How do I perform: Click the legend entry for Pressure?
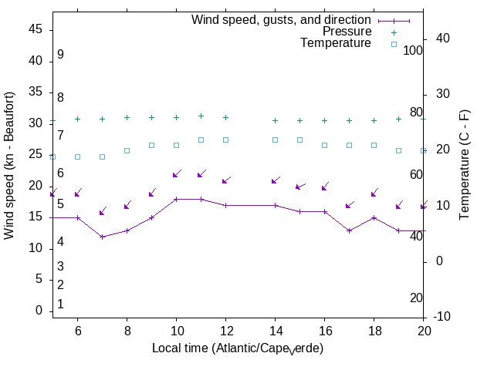[x=347, y=32]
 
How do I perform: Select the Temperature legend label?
[x=336, y=43]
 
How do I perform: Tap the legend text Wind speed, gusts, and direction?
[x=282, y=20]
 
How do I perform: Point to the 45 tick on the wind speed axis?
[x=36, y=29]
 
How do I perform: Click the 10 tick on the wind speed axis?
[x=36, y=248]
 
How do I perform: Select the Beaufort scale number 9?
[x=60, y=55]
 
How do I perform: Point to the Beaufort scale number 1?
[x=60, y=304]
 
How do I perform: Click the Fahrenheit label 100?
[x=414, y=50]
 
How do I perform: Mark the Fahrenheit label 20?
[x=416, y=298]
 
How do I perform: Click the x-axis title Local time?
[x=237, y=348]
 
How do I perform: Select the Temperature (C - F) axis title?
[x=465, y=166]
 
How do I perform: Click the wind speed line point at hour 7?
[x=103, y=237]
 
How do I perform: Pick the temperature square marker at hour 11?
[x=201, y=140]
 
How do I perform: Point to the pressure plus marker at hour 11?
[x=201, y=116]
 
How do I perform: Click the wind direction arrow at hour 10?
[x=177, y=173]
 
